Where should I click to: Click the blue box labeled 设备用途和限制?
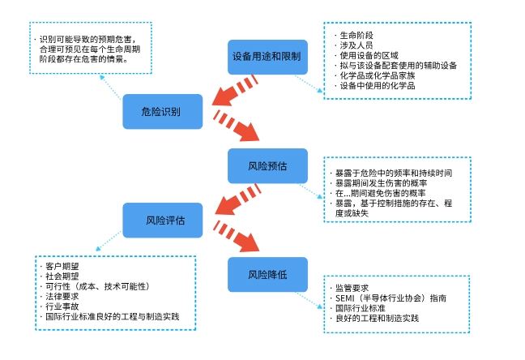click(x=267, y=57)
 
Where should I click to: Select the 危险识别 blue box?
click(x=162, y=111)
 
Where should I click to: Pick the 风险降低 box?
click(x=267, y=274)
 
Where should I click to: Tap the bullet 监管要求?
click(x=352, y=288)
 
